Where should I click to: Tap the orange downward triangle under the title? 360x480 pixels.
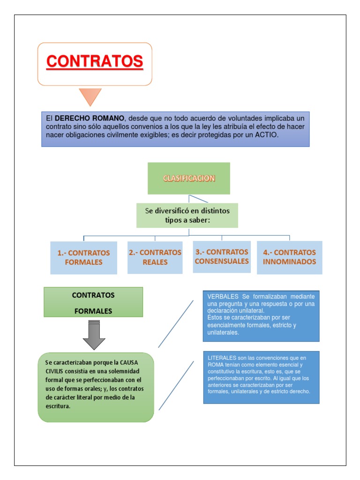(x=90, y=96)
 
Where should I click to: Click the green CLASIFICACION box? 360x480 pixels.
(x=188, y=178)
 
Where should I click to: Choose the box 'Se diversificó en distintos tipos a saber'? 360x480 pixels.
(x=187, y=215)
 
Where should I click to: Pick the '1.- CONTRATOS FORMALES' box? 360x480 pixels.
(x=83, y=257)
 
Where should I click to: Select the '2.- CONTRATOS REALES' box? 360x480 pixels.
(x=155, y=257)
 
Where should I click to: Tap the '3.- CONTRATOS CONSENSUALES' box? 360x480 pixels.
(x=221, y=256)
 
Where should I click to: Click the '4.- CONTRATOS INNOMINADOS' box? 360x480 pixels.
(x=289, y=257)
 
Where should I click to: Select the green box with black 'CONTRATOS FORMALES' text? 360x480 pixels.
(x=93, y=302)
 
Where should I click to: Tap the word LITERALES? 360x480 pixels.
(x=222, y=358)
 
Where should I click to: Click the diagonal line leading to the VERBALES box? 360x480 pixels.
(x=176, y=323)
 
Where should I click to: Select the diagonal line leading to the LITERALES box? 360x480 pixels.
(x=176, y=385)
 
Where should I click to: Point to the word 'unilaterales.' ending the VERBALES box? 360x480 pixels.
(x=223, y=332)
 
